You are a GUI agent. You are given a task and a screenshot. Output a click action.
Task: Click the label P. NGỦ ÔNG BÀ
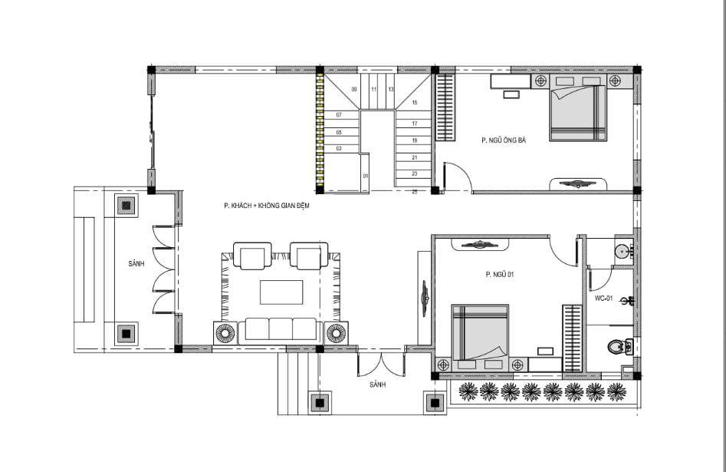coord(504,140)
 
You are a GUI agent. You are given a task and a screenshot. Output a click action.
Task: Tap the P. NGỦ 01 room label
coord(500,275)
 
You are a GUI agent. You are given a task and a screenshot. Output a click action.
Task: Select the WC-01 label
coord(603,299)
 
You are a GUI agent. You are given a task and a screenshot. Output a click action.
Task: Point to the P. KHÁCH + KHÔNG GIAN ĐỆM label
coord(267,206)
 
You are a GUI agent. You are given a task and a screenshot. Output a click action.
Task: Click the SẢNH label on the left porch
coord(136,264)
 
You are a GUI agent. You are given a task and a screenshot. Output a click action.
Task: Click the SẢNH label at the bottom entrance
coord(378,385)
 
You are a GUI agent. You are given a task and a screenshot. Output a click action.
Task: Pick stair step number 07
coord(339,115)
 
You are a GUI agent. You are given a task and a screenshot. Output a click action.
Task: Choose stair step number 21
coord(415,157)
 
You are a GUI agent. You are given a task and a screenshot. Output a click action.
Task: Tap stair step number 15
coord(415,103)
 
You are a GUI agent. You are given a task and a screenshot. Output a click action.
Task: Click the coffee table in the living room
coord(281,292)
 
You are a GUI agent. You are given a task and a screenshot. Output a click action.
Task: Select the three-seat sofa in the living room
coord(281,330)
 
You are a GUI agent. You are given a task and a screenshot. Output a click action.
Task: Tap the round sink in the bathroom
coord(622,251)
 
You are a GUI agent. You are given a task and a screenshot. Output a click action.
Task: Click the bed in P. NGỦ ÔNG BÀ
coord(578,113)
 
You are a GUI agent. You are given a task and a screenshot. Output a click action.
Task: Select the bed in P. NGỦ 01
coord(480,332)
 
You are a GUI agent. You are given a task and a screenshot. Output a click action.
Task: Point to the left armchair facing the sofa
coord(252,256)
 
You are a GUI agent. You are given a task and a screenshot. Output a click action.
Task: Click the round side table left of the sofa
coord(225,333)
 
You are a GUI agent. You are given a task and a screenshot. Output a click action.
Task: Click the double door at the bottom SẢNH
coord(381,365)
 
